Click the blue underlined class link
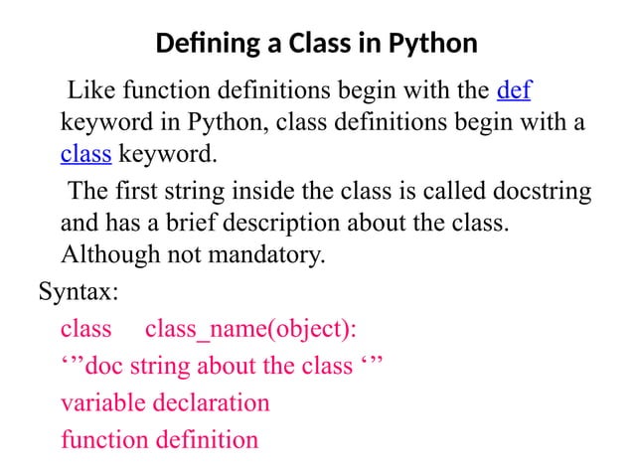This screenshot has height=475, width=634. (x=85, y=154)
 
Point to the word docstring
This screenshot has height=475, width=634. (x=537, y=192)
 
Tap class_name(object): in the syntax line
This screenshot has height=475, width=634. (x=251, y=329)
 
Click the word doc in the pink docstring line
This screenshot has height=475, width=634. (x=105, y=366)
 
